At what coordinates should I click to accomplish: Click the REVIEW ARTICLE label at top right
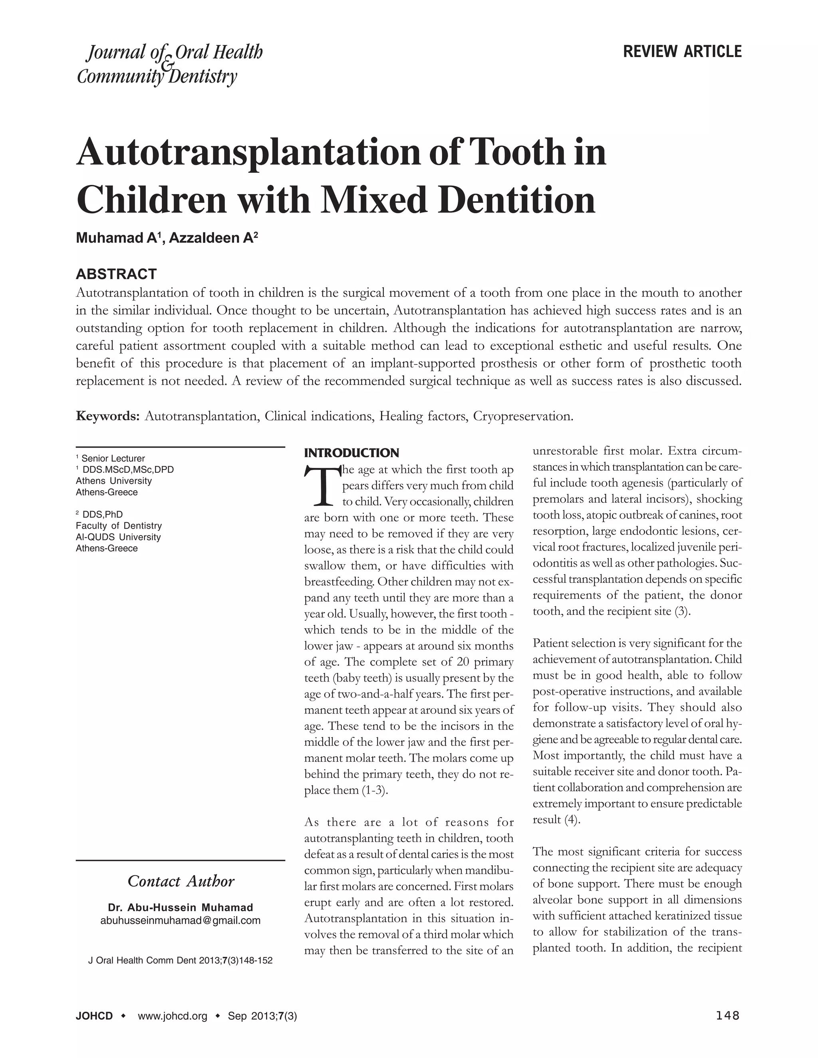[x=682, y=52]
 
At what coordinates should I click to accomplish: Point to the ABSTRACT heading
[x=116, y=274]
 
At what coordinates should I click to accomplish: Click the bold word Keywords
[x=108, y=416]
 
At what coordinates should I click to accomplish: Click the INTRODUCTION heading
[x=351, y=453]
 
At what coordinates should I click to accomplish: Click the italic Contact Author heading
[x=181, y=881]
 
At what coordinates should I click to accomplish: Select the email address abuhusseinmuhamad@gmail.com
[x=180, y=920]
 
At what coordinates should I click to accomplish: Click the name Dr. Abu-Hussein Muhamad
[x=180, y=907]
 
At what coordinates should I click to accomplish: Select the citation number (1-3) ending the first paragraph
[x=375, y=791]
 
